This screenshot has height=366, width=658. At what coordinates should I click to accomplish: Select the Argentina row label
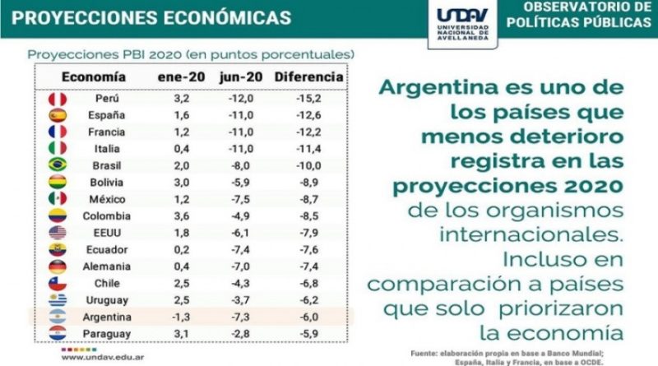[x=104, y=317]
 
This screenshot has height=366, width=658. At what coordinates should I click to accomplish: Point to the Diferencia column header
[x=308, y=77]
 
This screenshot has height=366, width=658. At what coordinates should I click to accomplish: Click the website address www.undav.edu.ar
[x=99, y=356]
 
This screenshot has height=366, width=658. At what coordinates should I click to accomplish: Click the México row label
[x=104, y=199]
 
